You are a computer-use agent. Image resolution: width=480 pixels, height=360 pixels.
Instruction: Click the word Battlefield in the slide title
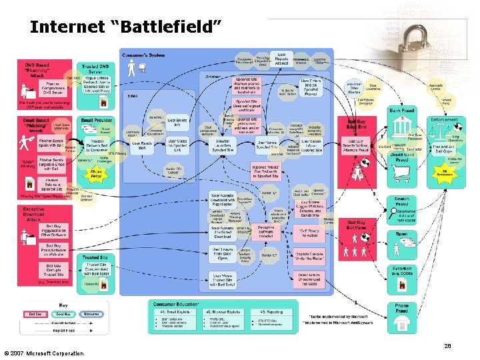point(169,27)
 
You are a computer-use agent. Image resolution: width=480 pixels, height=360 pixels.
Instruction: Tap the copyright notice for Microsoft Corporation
point(43,353)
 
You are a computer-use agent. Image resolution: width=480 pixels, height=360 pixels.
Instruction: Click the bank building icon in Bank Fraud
point(403,123)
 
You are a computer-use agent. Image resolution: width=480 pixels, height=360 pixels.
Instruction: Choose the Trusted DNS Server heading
point(97,69)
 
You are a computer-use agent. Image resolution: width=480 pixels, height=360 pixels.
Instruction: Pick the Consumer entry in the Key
point(91,313)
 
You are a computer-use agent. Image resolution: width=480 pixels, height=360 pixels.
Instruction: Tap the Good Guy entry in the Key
point(63,313)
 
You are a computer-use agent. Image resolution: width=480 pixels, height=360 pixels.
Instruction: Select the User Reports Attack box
point(281,58)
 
